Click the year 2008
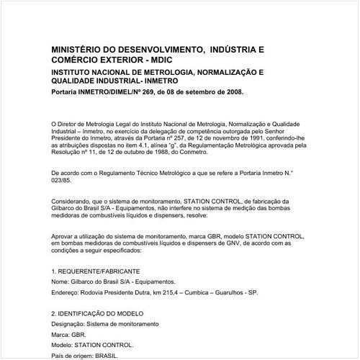[x=234, y=93]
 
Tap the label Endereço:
[x=69, y=292]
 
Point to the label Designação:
[x=72, y=325]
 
